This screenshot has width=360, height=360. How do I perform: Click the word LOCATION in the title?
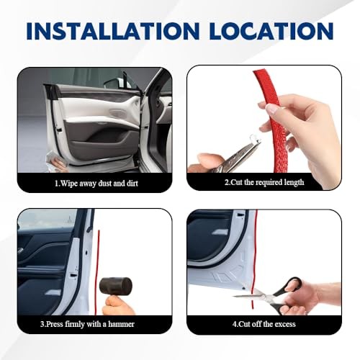click(x=271, y=31)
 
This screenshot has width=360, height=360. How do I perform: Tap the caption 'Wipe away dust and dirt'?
click(x=99, y=184)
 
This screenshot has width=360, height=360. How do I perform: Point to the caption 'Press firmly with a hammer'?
click(x=90, y=324)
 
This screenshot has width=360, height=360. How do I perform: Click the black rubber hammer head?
click(x=116, y=287)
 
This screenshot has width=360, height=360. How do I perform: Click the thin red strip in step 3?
click(x=97, y=272)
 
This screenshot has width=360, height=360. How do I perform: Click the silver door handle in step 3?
click(x=53, y=293)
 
